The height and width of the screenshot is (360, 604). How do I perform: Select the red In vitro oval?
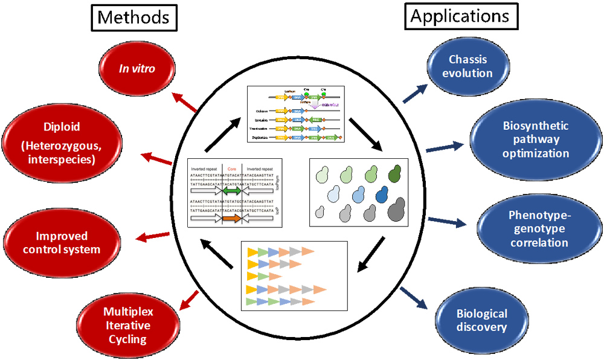tap(136, 69)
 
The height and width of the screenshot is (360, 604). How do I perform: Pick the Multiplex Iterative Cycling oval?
tap(127, 326)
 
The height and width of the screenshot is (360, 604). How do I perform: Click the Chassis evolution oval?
tap(468, 66)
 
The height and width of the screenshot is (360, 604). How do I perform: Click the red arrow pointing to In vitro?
tap(185, 103)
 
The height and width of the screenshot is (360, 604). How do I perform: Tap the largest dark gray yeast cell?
tap(396, 211)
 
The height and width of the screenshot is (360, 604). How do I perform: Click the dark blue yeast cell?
tap(382, 193)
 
